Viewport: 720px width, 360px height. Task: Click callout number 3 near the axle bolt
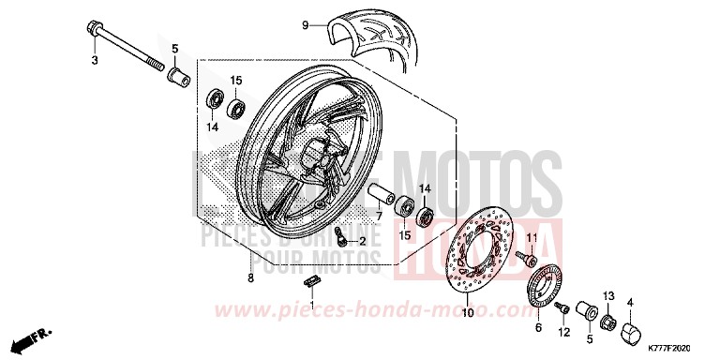94,61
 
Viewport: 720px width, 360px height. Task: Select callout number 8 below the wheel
250,278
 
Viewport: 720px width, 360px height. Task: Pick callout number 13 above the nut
608,295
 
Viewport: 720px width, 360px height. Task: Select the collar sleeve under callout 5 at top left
174,73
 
